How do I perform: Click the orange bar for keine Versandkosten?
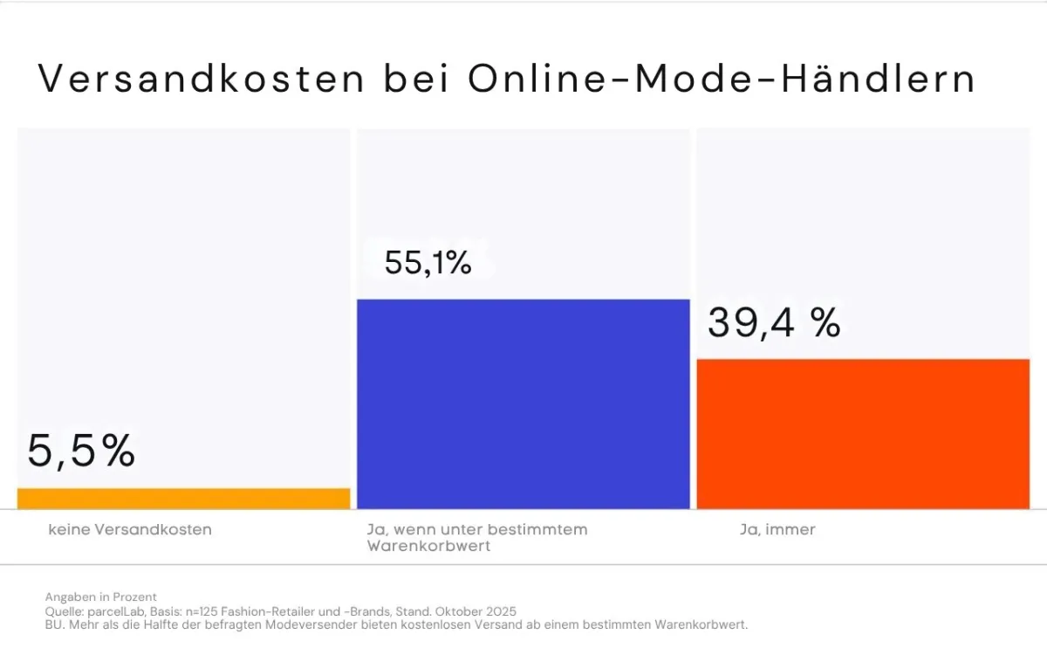coord(183,499)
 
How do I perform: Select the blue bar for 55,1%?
coord(523,403)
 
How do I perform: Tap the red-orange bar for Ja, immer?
coord(863,433)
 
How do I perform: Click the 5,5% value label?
coord(81,452)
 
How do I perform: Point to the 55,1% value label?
coord(428,263)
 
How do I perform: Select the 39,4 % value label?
coord(774,322)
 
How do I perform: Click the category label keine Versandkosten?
coord(130,529)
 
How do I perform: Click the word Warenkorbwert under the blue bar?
coord(428,547)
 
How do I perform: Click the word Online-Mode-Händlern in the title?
coord(722,79)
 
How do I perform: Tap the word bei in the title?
coord(416,79)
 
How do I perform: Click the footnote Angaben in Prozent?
coord(101,597)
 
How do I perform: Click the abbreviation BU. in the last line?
coord(54,625)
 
